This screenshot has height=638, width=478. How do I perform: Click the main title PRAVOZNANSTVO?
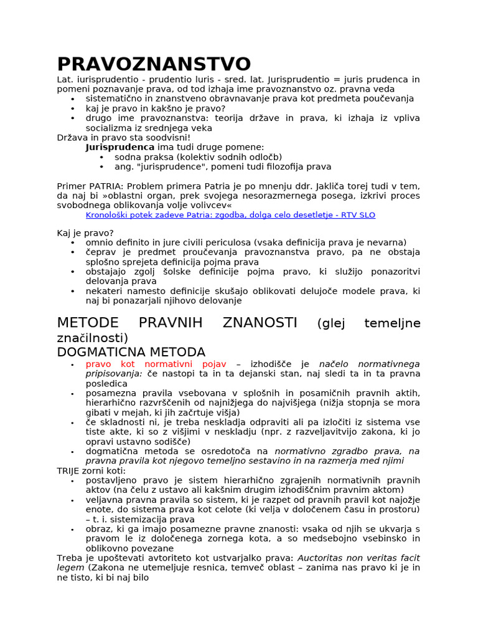pyautogui.click(x=154, y=64)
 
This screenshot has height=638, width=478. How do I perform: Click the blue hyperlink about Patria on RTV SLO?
pyautogui.click(x=230, y=215)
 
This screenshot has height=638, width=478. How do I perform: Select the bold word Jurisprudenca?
pyautogui.click(x=120, y=147)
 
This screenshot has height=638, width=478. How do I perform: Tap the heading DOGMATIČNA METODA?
pyautogui.click(x=131, y=352)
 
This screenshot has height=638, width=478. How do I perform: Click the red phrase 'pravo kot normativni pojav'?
pyautogui.click(x=156, y=364)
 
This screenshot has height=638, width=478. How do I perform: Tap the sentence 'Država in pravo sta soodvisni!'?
pyautogui.click(x=123, y=137)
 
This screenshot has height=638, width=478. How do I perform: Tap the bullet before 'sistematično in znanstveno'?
pyautogui.click(x=73, y=99)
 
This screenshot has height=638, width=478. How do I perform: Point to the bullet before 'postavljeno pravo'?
pyautogui.click(x=73, y=480)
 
